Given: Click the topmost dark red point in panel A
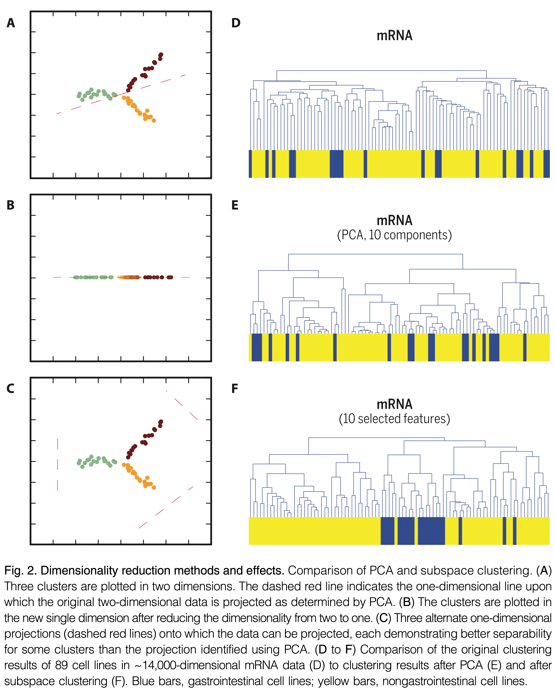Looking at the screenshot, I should coord(161,55).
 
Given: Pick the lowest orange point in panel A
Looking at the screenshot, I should coord(154,120).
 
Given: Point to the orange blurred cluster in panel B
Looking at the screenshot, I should coord(129,277).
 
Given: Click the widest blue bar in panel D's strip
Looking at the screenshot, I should coord(337,164).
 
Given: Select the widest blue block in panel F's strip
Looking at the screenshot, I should coord(431,531).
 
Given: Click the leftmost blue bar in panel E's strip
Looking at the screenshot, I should coord(257,347).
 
